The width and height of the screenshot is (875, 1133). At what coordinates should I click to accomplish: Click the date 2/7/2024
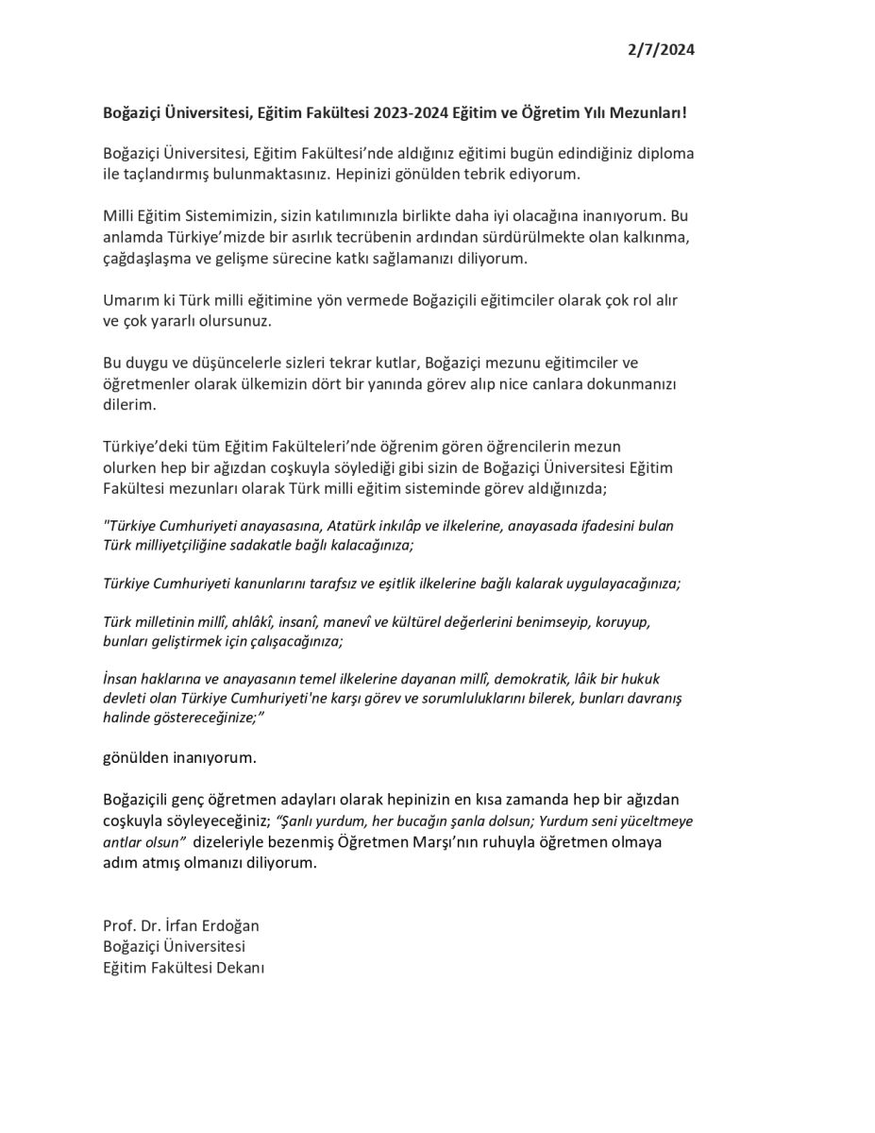coord(661,50)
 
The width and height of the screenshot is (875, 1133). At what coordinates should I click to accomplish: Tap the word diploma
coord(665,154)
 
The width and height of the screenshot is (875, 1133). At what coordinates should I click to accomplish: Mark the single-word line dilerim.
coord(129,404)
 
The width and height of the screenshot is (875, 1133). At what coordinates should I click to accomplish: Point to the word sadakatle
coord(265,545)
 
